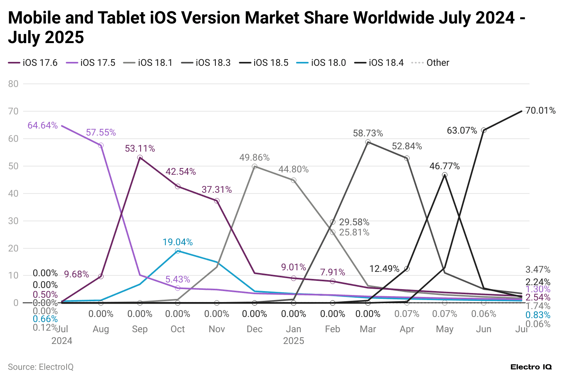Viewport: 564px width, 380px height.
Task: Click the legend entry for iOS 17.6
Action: pos(33,63)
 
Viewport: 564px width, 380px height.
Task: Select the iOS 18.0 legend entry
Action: pos(322,63)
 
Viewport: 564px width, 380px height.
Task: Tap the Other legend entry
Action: pos(430,63)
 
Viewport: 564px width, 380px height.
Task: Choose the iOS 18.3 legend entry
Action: pos(206,63)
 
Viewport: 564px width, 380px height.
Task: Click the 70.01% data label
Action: pos(540,110)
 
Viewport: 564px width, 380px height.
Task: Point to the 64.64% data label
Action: pos(42,125)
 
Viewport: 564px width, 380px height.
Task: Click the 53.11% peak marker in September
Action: pos(140,157)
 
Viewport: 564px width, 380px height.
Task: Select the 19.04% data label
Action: pos(178,242)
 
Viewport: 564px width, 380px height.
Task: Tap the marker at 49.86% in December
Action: pos(255,166)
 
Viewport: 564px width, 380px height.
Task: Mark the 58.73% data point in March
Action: pos(368,142)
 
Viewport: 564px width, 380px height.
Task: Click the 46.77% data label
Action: pos(445,166)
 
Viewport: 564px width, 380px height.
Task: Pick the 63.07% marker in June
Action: pos(484,130)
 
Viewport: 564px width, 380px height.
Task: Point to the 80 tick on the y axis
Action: pos(13,84)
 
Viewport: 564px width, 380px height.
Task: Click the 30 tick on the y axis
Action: pos(13,221)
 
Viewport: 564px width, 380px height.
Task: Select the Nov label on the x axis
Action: pos(217,329)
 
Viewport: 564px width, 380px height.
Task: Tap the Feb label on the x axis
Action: pos(333,329)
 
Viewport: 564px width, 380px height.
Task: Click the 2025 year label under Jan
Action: pos(294,341)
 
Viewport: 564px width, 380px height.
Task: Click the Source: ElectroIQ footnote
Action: pos(41,367)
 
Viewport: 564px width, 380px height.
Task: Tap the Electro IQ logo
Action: pos(531,367)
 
